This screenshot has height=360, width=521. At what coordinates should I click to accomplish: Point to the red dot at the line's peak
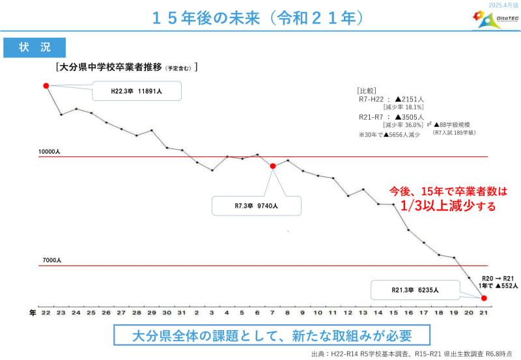(46, 86)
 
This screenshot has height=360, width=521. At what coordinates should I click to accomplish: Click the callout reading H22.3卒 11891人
(136, 92)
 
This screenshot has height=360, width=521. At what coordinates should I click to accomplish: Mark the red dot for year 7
(273, 166)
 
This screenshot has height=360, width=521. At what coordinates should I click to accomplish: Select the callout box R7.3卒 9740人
(257, 205)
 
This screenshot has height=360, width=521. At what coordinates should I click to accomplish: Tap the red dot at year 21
(484, 298)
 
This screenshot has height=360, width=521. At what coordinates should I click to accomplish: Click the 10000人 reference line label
(49, 151)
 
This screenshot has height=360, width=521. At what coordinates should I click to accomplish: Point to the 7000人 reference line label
(51, 260)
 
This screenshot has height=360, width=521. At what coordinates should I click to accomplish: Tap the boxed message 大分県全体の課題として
(272, 336)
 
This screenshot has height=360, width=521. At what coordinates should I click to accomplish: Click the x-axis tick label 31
(182, 313)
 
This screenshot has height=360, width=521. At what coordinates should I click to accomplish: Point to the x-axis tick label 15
(393, 313)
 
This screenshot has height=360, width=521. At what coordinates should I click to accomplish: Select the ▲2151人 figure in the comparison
(409, 99)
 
